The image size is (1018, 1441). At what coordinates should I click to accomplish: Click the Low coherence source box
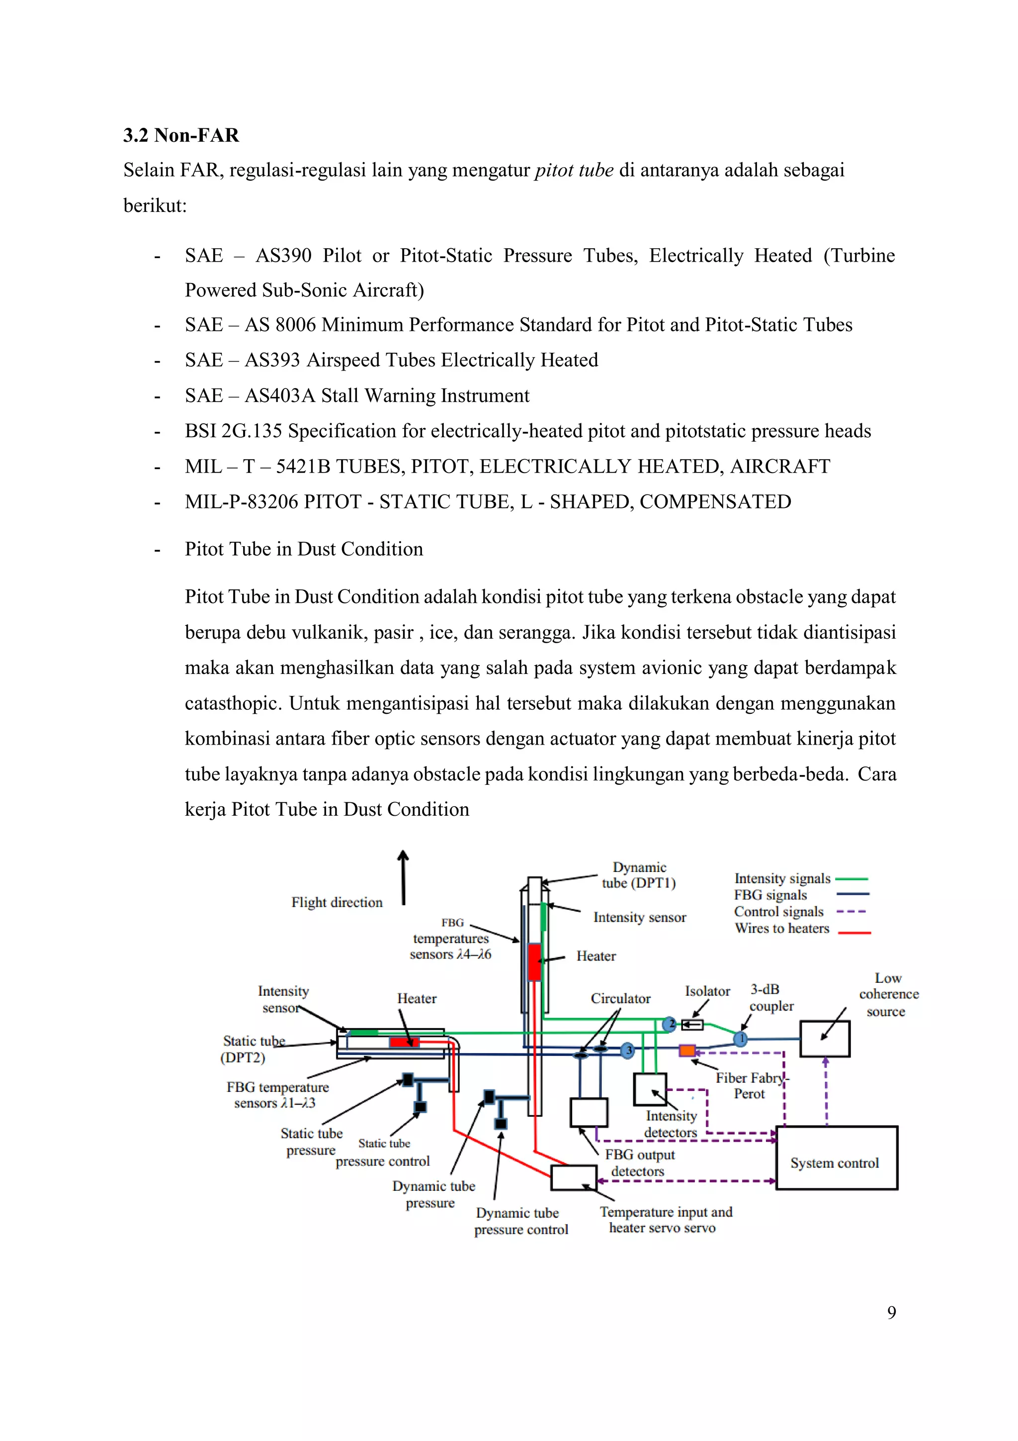824,1039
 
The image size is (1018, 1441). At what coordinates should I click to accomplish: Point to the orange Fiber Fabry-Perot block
687,1051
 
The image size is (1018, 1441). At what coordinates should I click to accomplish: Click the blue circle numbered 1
741,1039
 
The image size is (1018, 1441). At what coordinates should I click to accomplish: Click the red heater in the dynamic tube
534,962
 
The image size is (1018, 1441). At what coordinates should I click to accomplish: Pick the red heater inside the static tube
404,1043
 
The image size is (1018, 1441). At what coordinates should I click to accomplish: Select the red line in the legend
854,933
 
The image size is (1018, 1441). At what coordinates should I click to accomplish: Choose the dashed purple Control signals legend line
852,912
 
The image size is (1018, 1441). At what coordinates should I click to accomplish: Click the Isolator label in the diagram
707,992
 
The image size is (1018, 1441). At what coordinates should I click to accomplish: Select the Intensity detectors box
649,1089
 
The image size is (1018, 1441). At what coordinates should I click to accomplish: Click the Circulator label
620,998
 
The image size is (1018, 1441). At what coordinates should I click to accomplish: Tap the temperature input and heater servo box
573,1178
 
